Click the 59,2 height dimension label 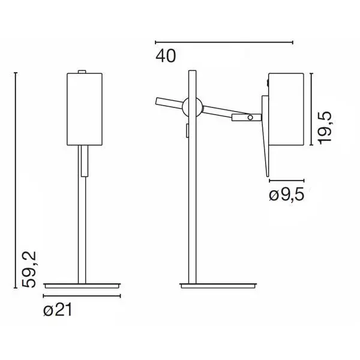tap(29, 269)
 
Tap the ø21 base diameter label tap(58, 310)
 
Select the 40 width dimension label tap(166, 56)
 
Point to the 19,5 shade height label tap(325, 128)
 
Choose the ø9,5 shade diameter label tap(287, 194)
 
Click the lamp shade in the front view tap(85, 109)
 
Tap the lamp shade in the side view tap(286, 109)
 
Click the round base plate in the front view tap(82, 286)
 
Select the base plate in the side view tap(218, 286)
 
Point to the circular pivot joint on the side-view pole tap(193, 107)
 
